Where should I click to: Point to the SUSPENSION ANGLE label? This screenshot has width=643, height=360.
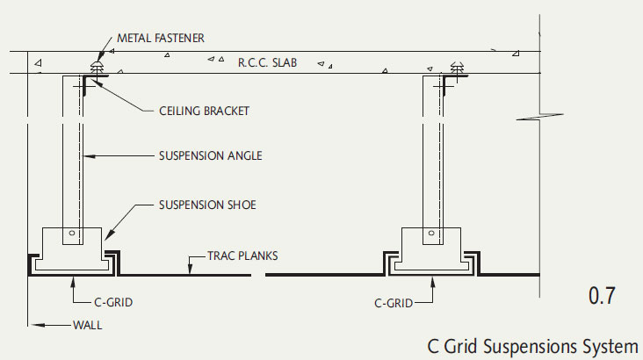point(210,156)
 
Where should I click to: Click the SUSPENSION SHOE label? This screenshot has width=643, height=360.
point(207,205)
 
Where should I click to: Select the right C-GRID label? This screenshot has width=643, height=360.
point(392,304)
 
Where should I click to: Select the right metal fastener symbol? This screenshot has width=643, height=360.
point(456,68)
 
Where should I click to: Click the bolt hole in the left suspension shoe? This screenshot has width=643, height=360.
point(75,234)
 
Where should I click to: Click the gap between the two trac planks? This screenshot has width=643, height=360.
point(260,274)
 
